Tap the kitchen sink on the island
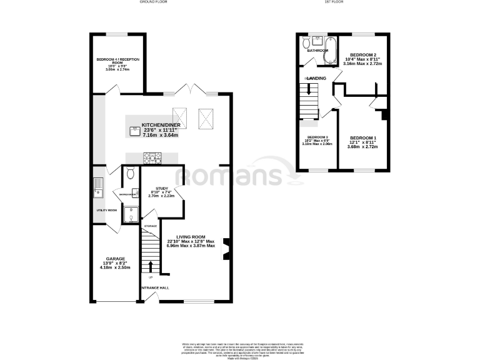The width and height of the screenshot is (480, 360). point(134,131)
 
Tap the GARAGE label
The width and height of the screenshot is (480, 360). point(116,259)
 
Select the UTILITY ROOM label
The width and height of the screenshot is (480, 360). point(106,210)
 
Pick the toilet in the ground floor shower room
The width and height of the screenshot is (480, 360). point(130,174)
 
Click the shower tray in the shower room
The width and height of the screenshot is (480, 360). point(130,216)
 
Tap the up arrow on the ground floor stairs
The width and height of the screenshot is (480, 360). point(150,264)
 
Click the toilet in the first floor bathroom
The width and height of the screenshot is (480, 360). point(306,43)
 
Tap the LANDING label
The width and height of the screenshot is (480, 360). point(316,77)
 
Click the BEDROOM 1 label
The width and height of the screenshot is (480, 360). point(363,137)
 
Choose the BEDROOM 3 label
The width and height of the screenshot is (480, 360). point(317,137)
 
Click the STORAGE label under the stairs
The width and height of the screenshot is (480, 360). point(150,226)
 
